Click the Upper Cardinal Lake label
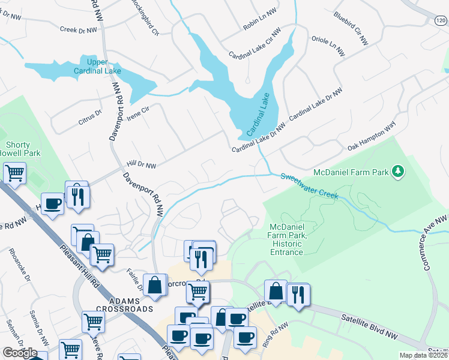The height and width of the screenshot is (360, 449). point(96,67)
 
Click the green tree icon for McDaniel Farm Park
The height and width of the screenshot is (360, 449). point(397,173)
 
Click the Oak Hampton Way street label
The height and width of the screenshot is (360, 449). point(372,138)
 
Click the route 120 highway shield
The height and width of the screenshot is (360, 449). point(441,20)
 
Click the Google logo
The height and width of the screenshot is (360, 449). point(20,353)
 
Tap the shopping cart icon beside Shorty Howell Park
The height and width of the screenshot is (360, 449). point(14,173)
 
